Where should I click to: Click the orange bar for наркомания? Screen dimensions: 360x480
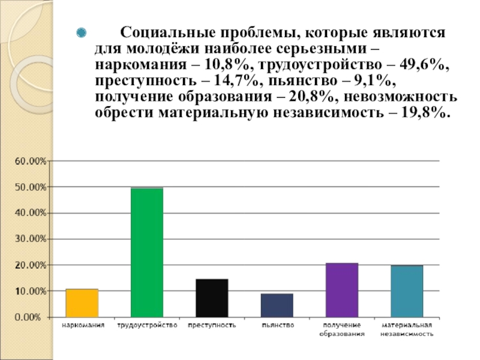coord(82,303)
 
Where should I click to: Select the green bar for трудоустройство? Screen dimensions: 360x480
coord(147,252)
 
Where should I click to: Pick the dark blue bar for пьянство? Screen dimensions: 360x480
coord(277,305)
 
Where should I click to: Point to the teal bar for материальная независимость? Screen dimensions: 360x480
coord(407,291)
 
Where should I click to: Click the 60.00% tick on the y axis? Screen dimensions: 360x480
coord(29,161)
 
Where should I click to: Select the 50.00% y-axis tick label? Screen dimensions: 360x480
coord(29,187)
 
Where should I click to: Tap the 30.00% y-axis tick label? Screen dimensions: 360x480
coord(29,239)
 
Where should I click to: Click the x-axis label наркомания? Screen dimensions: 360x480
coord(82,325)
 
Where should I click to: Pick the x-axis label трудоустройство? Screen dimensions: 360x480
coord(147,325)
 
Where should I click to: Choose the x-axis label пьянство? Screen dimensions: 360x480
coord(277,325)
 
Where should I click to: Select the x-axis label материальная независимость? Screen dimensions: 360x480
coord(407,329)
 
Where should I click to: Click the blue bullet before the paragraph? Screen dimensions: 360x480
coord(83,32)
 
